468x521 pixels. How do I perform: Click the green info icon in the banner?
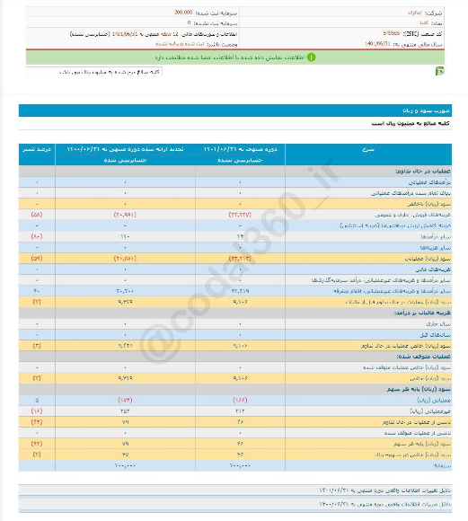coord(311,56)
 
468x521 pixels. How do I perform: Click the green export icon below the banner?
coord(437,71)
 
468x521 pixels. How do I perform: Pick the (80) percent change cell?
coord(37,236)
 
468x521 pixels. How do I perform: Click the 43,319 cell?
coord(242,291)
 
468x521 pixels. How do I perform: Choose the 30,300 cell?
coord(124,291)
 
